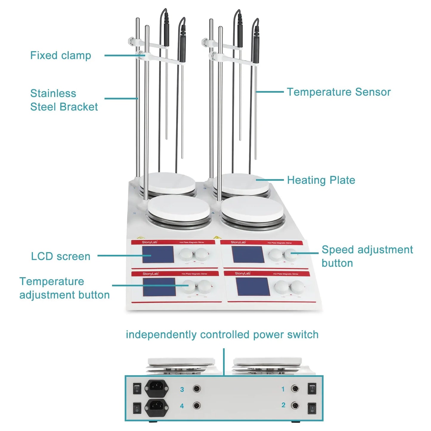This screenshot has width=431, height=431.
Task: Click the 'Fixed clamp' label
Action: coord(61,55)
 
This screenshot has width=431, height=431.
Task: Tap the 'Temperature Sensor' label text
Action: coord(339,92)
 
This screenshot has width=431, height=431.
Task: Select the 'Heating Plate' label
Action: coord(321,180)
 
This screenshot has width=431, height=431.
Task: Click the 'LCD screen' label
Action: coord(61,256)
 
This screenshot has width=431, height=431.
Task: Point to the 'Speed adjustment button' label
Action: coord(367,256)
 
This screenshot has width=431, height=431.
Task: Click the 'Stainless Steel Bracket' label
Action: coord(64,100)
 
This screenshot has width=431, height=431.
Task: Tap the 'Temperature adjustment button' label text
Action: coord(64,288)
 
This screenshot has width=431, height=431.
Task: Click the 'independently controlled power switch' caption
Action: coord(222,335)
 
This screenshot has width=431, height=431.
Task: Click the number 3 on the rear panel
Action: coord(182,390)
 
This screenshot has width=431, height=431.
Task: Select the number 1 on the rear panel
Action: coord(283,389)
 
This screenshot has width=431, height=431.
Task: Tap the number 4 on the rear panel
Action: coord(182,406)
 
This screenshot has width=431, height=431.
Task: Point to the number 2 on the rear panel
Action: coord(283,405)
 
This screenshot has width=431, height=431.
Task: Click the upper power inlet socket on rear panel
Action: coord(157,388)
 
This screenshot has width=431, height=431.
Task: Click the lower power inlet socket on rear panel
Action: coord(157,407)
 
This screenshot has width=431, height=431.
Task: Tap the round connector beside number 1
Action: coord(295,389)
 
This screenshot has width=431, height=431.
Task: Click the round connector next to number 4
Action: coord(196,406)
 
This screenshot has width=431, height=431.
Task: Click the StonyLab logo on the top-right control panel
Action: coord(238,242)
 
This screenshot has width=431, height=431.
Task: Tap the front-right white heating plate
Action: coord(252,208)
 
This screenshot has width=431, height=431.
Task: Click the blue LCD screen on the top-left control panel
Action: coord(158,254)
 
